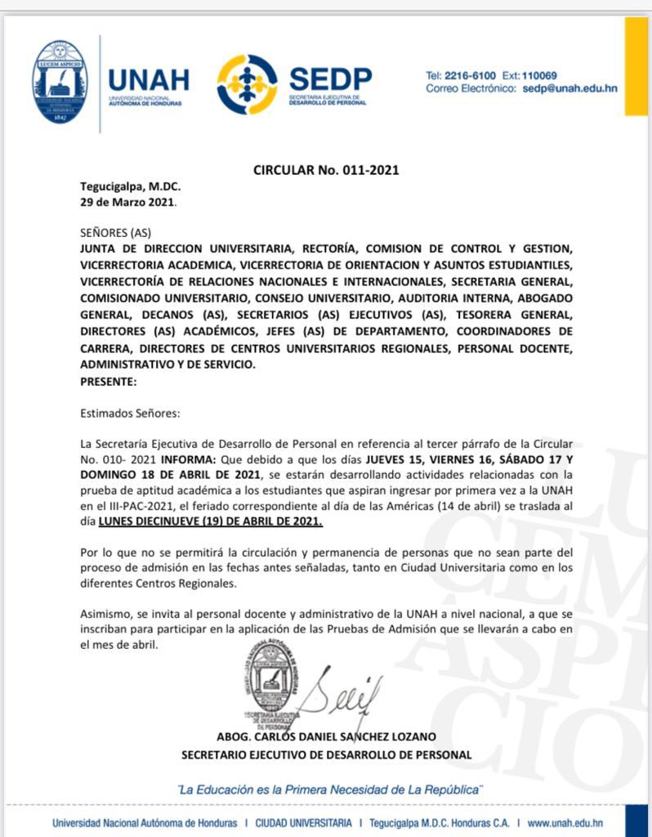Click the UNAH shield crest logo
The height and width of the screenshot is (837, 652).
(60, 82)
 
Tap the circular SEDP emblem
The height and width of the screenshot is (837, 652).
(247, 84)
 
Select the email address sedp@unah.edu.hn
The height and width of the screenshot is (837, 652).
(569, 88)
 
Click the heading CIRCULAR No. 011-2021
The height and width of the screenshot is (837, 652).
(326, 170)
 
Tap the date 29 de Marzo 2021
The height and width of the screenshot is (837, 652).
(127, 200)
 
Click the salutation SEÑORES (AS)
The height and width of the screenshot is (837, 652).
(115, 232)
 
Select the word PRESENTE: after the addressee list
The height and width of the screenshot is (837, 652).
(109, 380)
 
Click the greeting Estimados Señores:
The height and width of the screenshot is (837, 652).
(130, 413)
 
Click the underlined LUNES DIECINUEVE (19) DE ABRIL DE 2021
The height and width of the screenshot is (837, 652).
(210, 521)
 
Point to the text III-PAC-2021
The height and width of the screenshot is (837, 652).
(131, 506)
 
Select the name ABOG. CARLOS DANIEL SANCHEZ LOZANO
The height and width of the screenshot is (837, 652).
(326, 736)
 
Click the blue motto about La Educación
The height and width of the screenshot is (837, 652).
(331, 790)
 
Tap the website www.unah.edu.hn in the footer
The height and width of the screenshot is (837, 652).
(565, 823)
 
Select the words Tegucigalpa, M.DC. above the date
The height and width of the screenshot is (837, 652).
(130, 186)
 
